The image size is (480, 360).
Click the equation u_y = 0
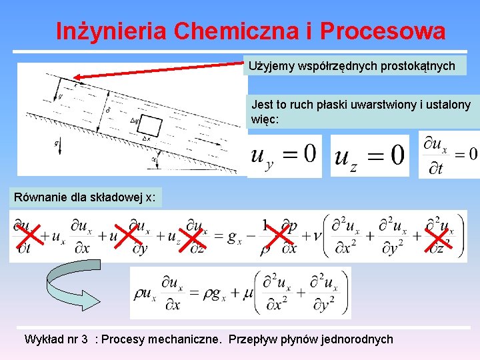[x=284, y=156]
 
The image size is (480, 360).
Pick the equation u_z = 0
[x=369, y=156]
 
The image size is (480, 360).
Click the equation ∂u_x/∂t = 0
[x=449, y=155]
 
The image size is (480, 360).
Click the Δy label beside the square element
[x=135, y=121]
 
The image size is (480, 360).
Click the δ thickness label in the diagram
[x=108, y=109]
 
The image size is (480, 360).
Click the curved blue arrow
[x=67, y=287]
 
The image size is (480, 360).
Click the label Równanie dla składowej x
[x=85, y=197]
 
